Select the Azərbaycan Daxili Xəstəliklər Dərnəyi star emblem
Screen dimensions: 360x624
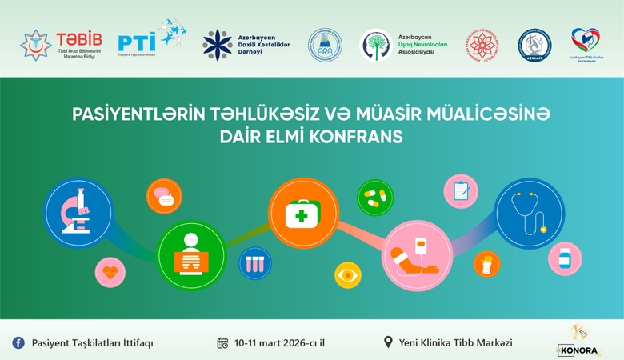point(217,43)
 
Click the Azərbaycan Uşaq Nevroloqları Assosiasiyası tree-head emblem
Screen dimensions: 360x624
point(375,45)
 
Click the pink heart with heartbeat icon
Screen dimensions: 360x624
point(110,272)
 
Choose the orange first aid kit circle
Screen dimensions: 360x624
point(303,212)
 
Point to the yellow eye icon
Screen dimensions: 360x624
point(347,274)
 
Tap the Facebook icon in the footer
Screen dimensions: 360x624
point(18,342)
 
